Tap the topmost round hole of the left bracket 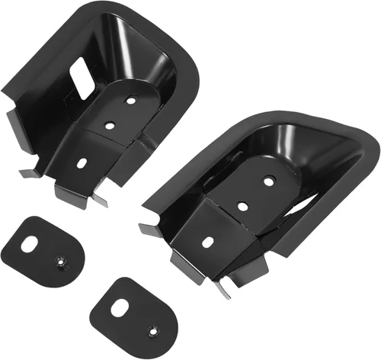[x=131, y=99]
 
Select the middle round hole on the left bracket [x=110, y=125]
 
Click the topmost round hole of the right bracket [x=268, y=181]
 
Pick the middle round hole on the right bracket [x=242, y=206]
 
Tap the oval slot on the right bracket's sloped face [x=207, y=242]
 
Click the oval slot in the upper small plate [x=28, y=244]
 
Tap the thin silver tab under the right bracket [x=222, y=288]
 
